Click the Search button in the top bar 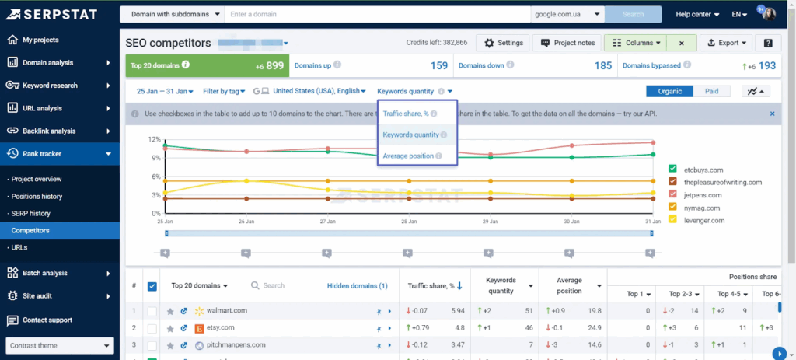click(x=633, y=14)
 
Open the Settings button click(x=502, y=43)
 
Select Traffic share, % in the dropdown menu click(x=405, y=114)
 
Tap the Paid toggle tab click(x=711, y=91)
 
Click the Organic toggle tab click(x=669, y=91)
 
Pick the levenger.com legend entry click(x=704, y=220)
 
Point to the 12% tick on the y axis click(x=155, y=140)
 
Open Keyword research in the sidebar click(x=50, y=86)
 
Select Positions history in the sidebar click(x=37, y=196)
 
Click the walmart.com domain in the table click(x=227, y=311)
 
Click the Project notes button click(x=567, y=43)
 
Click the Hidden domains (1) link click(x=357, y=285)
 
